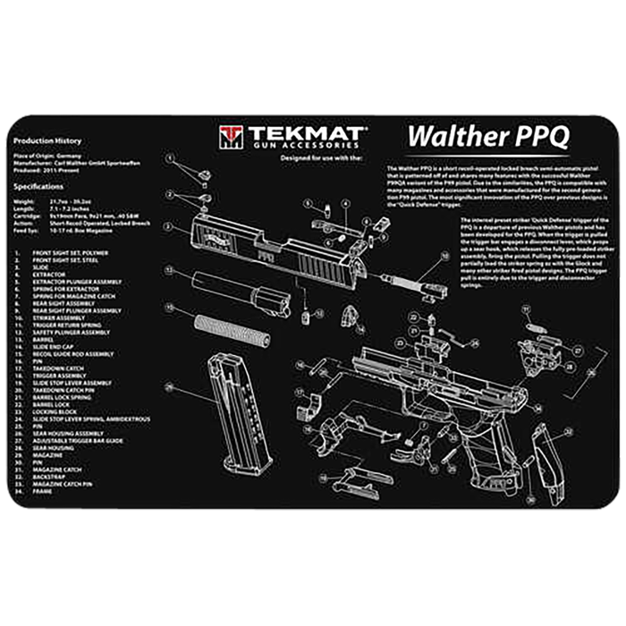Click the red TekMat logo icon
click(230, 137)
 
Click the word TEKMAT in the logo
click(304, 133)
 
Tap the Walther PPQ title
click(487, 138)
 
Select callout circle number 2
click(168, 194)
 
